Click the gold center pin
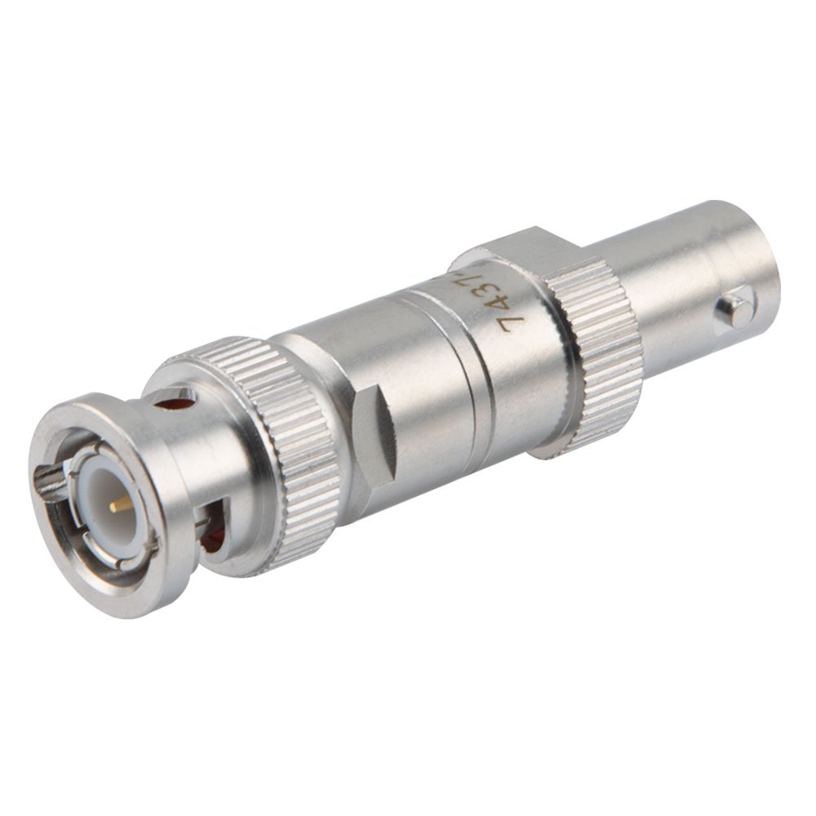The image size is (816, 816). pos(121,506)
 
